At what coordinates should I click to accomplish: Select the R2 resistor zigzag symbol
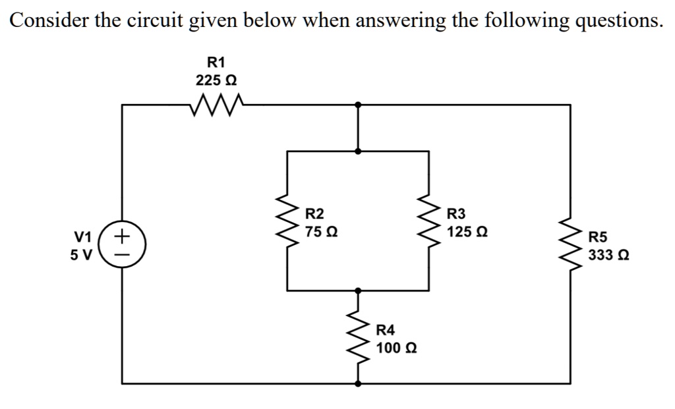point(287,222)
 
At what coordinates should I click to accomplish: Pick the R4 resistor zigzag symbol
point(359,337)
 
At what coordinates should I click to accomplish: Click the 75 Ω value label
point(323,232)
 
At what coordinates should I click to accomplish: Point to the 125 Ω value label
point(467,232)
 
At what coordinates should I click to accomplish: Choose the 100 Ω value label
point(396,347)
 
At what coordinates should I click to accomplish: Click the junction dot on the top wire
point(358,104)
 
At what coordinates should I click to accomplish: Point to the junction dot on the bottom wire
point(358,383)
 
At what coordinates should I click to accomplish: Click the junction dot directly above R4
point(358,290)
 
